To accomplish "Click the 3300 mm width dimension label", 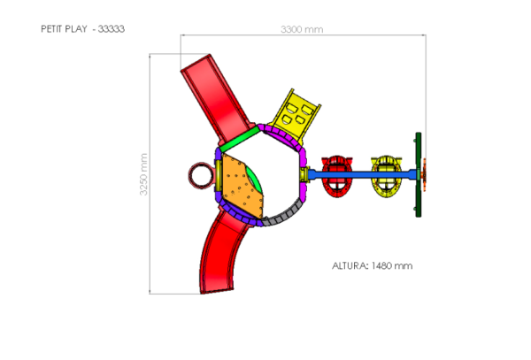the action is click(302, 29).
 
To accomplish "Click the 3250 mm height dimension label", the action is click(143, 174).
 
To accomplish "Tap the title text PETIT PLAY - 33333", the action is click(82, 29).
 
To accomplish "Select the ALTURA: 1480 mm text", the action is click(373, 266).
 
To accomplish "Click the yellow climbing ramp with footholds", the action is click(296, 115).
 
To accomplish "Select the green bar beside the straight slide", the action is click(240, 140).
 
